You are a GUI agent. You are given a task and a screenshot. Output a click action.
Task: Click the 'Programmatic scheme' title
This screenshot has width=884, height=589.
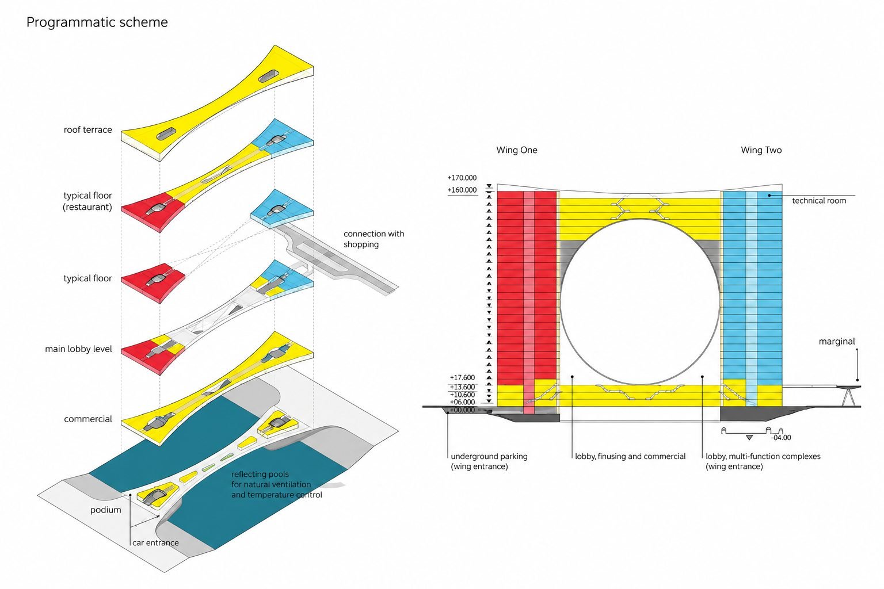[x=97, y=22]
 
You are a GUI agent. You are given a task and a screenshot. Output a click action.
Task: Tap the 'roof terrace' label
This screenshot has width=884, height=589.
[x=87, y=130]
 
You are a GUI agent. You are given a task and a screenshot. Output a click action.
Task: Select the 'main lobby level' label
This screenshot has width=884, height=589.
[x=78, y=349]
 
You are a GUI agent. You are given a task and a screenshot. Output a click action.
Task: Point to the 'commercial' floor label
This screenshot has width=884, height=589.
[x=88, y=419]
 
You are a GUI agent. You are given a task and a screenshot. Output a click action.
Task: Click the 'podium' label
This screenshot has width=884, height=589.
[x=106, y=510]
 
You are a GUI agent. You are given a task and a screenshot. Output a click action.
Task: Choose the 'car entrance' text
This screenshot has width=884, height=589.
[x=155, y=543]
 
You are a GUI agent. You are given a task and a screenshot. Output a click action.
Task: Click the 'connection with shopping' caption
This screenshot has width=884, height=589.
[x=374, y=239]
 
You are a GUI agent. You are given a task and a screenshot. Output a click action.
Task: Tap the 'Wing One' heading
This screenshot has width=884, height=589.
[x=517, y=150]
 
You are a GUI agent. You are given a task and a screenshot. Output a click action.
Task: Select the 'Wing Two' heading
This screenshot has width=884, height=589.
[x=761, y=150]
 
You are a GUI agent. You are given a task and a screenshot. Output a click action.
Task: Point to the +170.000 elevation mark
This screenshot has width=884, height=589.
[x=462, y=178]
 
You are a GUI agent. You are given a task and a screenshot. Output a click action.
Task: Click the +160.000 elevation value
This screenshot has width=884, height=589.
[x=462, y=190]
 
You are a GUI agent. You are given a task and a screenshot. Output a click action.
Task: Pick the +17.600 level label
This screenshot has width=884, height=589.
[x=462, y=377]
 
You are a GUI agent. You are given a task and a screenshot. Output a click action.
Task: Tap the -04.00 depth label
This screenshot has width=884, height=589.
[x=781, y=438]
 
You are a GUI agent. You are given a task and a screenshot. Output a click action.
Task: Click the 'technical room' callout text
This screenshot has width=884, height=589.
[x=819, y=201]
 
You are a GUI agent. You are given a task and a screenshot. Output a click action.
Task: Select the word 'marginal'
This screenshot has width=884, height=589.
[x=837, y=342]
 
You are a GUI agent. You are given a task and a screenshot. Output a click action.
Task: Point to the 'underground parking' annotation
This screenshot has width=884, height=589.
[x=489, y=457]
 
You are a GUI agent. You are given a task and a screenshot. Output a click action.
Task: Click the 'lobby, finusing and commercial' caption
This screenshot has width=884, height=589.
[x=630, y=457]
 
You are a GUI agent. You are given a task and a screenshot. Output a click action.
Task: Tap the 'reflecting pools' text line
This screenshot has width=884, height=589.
[x=260, y=474]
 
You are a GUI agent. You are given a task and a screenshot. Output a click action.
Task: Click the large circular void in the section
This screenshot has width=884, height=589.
[x=640, y=301]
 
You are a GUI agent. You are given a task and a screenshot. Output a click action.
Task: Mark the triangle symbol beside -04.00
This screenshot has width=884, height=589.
[x=749, y=438]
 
